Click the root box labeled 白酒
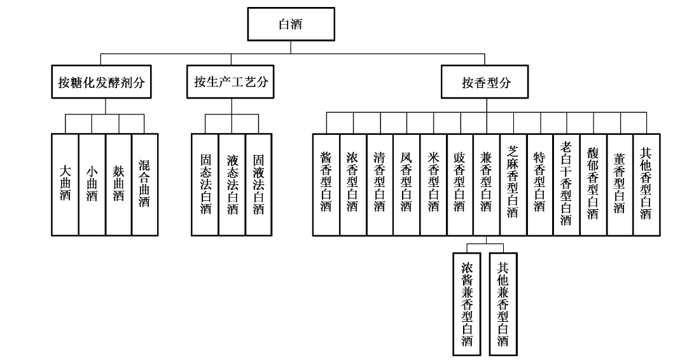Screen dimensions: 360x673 [291, 25]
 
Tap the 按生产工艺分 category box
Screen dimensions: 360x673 [232, 83]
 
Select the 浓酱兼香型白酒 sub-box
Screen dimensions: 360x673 [468, 303]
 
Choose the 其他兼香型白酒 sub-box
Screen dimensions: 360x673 [503, 303]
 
